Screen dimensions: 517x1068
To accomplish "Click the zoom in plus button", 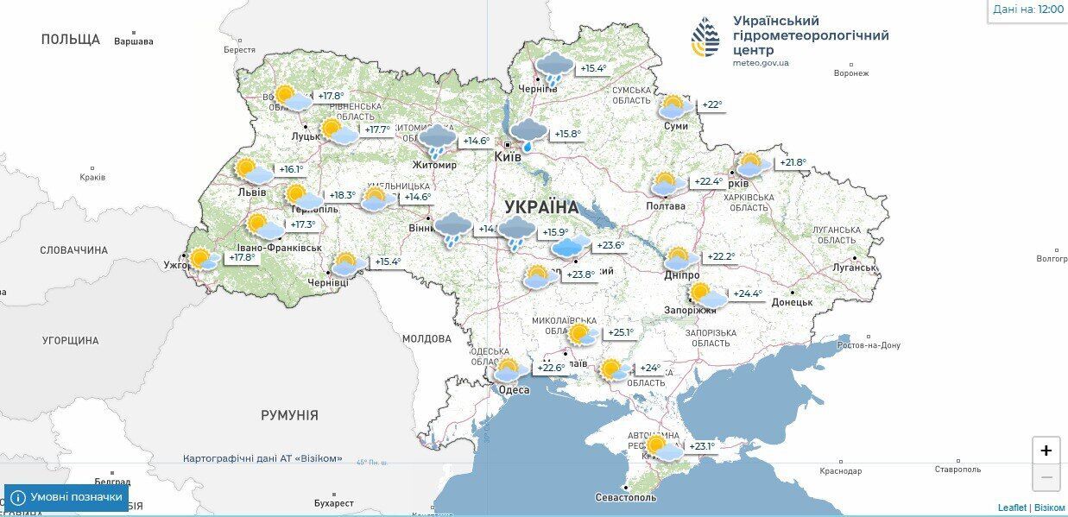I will [x=1046, y=451].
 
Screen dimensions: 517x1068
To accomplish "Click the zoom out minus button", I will [x=1046, y=477].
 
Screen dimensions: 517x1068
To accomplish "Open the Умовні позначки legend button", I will [x=66, y=498].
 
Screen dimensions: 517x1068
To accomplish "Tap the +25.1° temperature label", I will [x=621, y=332].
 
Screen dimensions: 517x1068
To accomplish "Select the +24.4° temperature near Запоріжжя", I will [x=747, y=293].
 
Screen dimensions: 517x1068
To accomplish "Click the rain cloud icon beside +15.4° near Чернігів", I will [x=553, y=66].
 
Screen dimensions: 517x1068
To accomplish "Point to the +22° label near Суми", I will [x=711, y=105].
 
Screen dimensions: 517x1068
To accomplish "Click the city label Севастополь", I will [x=626, y=497].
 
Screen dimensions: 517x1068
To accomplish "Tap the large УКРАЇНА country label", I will [x=541, y=207].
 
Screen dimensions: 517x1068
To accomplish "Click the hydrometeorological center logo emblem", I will [x=705, y=37].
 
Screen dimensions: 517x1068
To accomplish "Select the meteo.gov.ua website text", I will [x=761, y=63].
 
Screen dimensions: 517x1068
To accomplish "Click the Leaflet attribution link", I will [x=1012, y=508].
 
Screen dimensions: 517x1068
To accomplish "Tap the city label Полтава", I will [x=666, y=206].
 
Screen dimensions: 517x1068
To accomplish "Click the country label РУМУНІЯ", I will [x=289, y=415].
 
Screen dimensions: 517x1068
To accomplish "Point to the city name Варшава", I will [x=134, y=41].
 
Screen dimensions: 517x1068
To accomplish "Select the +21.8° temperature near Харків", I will [x=792, y=162].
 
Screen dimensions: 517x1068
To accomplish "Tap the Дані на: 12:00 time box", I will [x=1027, y=9].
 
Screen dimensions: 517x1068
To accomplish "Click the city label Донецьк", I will [x=792, y=302].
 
